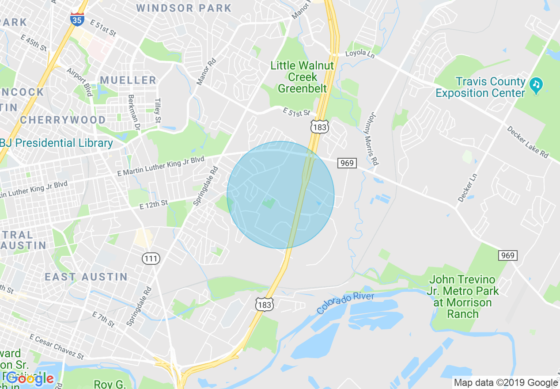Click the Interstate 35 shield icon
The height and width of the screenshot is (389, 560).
[78, 18]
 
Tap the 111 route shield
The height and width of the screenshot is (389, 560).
[151, 258]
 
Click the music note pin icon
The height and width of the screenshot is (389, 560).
[537, 84]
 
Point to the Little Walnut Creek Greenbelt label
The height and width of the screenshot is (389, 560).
[302, 77]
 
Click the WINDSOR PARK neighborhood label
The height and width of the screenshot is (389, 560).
[184, 8]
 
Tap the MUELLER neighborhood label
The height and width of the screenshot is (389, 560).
[128, 80]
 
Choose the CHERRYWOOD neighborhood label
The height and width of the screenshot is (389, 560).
[63, 120]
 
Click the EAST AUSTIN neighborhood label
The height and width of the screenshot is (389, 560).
[86, 277]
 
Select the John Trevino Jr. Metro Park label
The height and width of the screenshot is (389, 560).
[463, 297]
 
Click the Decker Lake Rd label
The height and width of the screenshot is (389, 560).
[527, 142]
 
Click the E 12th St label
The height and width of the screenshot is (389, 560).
[154, 205]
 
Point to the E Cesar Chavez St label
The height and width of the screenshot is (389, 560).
[56, 346]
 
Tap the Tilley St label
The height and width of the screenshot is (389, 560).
[157, 111]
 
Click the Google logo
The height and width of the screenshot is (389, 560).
[30, 378]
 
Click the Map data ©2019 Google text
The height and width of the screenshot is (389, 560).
[506, 383]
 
